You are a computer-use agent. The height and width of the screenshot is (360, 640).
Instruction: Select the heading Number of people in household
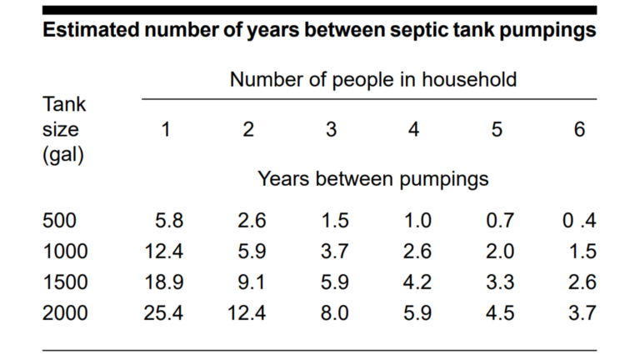coord(373,80)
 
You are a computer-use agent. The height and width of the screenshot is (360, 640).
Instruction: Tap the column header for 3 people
coord(331,130)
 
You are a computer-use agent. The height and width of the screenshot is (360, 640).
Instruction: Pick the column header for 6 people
coord(580,130)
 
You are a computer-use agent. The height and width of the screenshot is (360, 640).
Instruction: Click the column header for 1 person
coord(165,130)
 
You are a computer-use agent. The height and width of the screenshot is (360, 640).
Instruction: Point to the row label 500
coord(59,221)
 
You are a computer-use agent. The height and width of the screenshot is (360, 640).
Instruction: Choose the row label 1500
coord(65,282)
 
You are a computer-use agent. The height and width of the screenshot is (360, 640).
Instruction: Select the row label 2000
coord(65,312)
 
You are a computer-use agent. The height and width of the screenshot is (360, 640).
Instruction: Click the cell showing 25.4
coord(164,312)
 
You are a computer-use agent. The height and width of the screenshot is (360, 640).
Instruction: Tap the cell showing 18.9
coord(164,282)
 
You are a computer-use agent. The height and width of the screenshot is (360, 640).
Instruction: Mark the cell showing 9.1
coord(250,282)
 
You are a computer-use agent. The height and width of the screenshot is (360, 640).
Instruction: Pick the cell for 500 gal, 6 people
coord(579,221)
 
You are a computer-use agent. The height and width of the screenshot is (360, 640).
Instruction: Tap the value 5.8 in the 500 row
coord(169,221)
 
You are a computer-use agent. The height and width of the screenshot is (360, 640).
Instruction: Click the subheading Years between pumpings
coord(372,178)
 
